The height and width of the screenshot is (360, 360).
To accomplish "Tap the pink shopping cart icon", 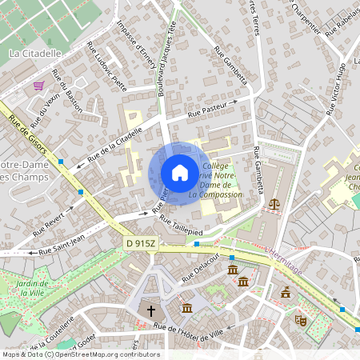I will click(x=38, y=85).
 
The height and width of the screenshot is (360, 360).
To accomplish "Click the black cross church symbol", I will click(x=150, y=310).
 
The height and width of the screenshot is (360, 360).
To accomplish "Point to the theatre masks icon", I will click(x=302, y=320).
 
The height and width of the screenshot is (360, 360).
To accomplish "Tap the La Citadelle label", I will click(x=35, y=54).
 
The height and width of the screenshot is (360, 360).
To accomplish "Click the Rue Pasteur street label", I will click(x=207, y=111).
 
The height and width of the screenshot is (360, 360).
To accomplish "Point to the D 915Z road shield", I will click(x=141, y=242).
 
